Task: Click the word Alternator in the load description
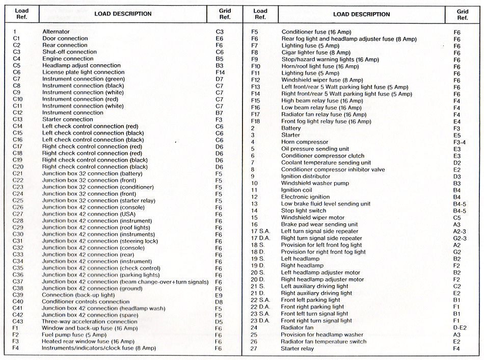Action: (x=56, y=32)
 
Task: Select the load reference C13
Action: (x=18, y=119)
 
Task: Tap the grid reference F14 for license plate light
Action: (x=220, y=72)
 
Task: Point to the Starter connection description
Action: (x=67, y=119)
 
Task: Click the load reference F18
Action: (x=256, y=121)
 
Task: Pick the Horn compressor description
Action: (x=305, y=142)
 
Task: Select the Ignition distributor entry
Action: (x=306, y=176)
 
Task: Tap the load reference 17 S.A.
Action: (x=261, y=231)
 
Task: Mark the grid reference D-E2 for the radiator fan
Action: (x=459, y=327)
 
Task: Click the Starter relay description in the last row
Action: (x=298, y=348)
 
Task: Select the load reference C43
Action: (x=18, y=322)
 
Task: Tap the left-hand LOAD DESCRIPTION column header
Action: (x=123, y=14)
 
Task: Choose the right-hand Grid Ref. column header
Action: (x=462, y=14)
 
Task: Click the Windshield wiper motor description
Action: (x=313, y=218)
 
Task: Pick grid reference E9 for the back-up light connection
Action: (x=219, y=295)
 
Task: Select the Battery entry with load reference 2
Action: (x=291, y=128)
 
